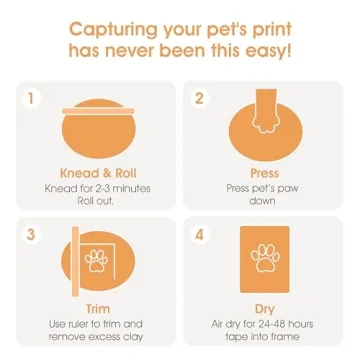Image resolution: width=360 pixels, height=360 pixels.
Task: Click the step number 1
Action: pyautogui.click(x=31, y=99)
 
